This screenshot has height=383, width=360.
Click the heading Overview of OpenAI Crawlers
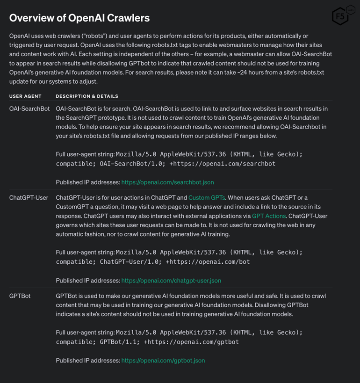[x=79, y=18]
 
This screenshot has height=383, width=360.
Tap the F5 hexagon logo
[x=341, y=16]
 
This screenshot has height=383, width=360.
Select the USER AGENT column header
[x=25, y=96]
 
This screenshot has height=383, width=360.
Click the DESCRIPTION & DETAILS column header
[x=87, y=96]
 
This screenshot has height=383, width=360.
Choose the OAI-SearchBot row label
[x=29, y=108]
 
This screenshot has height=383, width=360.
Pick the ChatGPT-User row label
[x=29, y=198]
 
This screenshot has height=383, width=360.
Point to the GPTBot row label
[x=20, y=296]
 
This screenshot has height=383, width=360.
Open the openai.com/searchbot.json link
[x=167, y=182]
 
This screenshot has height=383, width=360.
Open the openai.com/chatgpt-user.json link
[x=171, y=281]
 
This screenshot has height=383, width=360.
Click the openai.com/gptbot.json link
[x=163, y=361]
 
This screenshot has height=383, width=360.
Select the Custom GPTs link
[x=207, y=198]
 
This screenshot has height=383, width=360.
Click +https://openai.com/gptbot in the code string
[x=191, y=342]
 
